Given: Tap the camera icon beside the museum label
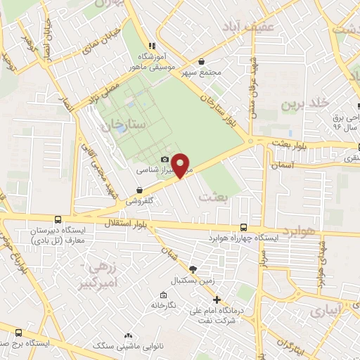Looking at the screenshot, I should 165,160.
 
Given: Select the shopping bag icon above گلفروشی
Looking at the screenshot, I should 140,190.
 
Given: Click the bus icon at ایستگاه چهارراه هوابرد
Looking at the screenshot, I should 243,227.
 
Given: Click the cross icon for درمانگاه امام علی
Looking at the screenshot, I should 217,300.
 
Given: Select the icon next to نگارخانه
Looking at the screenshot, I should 163,295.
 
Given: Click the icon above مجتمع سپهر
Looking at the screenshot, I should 202,62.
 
